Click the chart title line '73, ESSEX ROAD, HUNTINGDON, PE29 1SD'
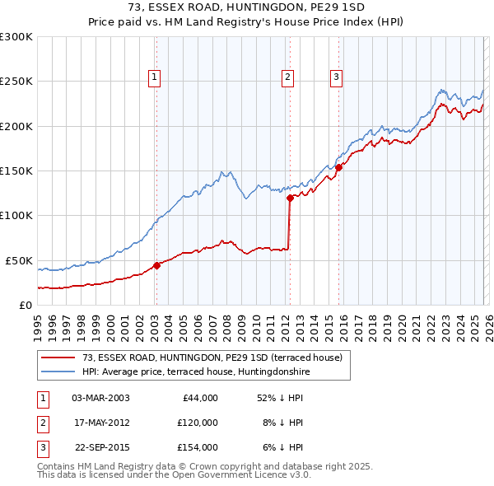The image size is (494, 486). click(246, 7)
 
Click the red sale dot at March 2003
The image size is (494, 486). click(156, 265)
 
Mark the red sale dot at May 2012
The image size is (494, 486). click(290, 198)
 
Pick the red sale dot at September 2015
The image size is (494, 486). click(338, 167)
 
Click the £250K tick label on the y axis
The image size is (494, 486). click(16, 82)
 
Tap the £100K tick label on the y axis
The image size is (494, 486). click(16, 216)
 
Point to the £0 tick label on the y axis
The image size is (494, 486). click(25, 305)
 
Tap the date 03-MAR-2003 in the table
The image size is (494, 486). click(100, 398)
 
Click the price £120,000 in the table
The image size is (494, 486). click(198, 423)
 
